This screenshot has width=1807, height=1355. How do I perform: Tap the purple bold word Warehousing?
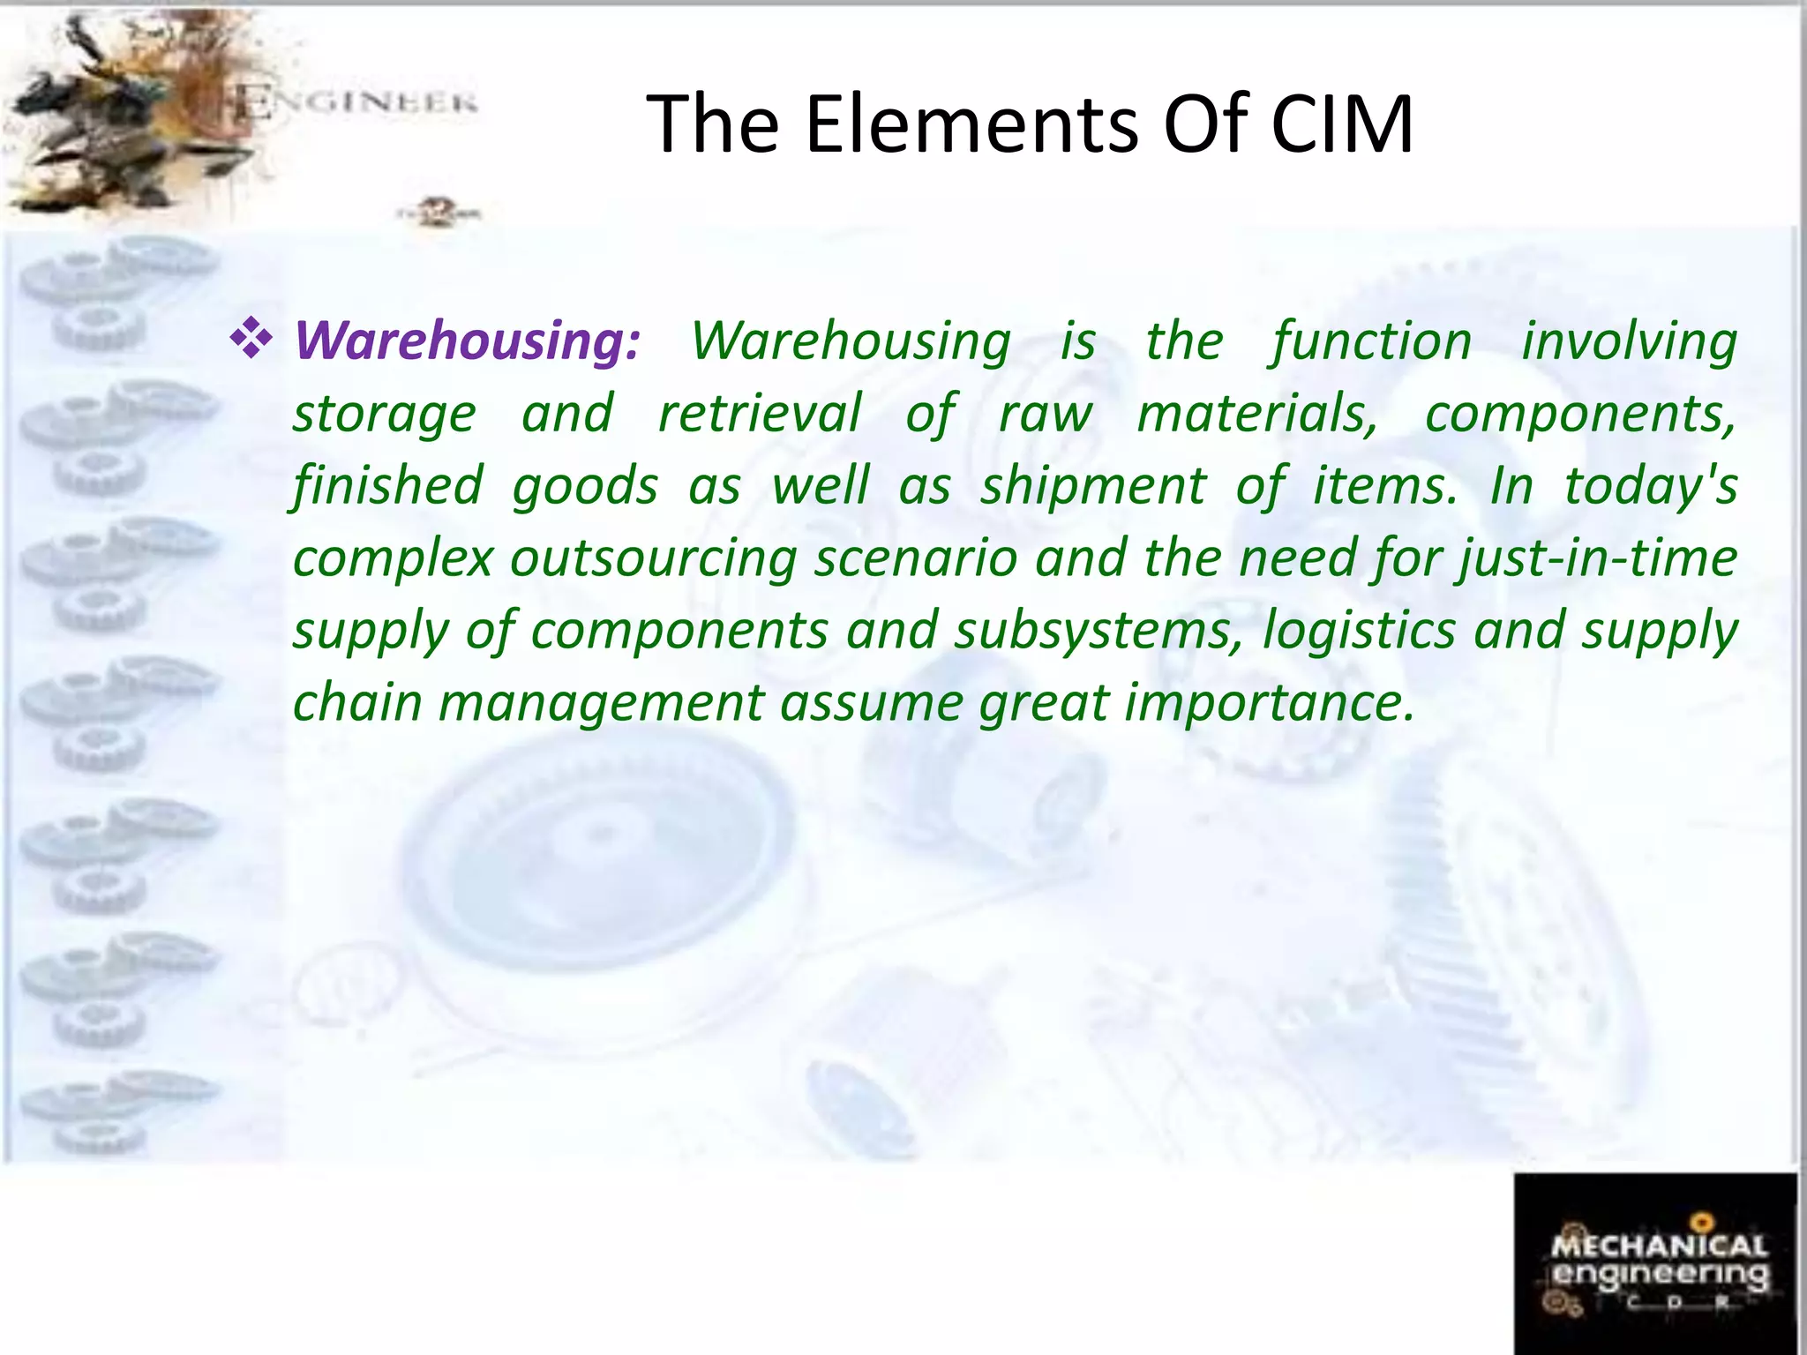pyautogui.click(x=468, y=341)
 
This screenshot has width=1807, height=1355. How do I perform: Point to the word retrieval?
pyautogui.click(x=759, y=414)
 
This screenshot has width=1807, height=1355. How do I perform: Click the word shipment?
pyautogui.click(x=1092, y=486)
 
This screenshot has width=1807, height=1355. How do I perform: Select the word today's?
pyautogui.click(x=1650, y=486)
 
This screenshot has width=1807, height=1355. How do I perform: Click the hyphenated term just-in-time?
pyautogui.click(x=1598, y=558)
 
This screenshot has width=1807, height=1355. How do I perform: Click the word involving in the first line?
pyautogui.click(x=1629, y=341)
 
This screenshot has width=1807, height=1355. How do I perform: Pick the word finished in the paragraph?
pyautogui.click(x=388, y=486)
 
